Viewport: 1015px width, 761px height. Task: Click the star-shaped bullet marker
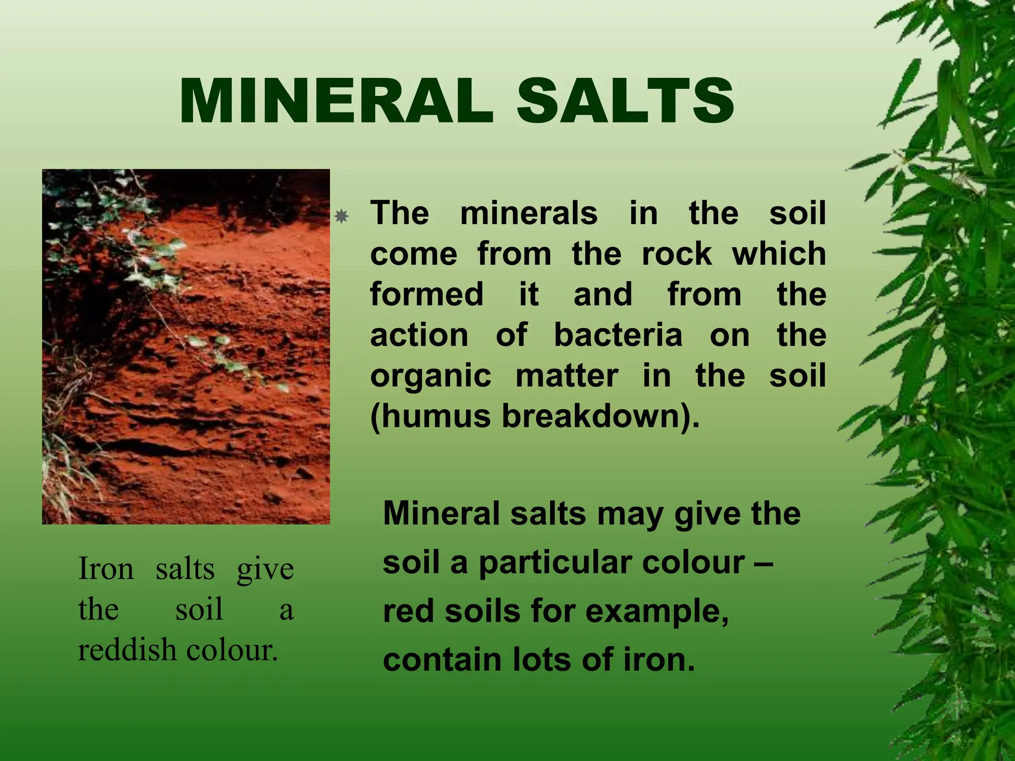[x=341, y=217]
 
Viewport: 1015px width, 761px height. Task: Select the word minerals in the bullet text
[x=529, y=214]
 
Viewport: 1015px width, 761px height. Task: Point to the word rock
[x=677, y=254]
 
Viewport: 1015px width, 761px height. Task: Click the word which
[x=779, y=254]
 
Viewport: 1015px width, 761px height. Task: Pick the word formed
[x=427, y=294]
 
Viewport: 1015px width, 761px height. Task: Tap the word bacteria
[x=618, y=335]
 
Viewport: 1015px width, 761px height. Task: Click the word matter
[x=567, y=376]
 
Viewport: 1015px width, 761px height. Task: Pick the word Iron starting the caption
[x=106, y=569]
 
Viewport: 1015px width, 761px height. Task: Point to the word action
[x=419, y=335]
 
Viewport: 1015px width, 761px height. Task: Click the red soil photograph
[x=186, y=346]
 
